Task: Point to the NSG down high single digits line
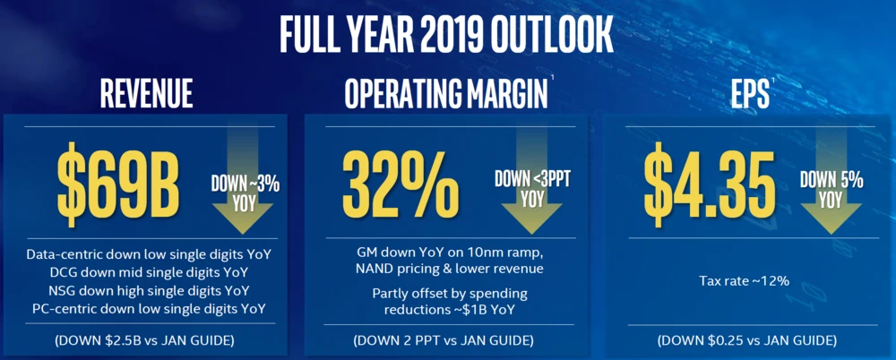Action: click(149, 291)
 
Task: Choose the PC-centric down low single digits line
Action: click(149, 309)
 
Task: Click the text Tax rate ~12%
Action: click(744, 281)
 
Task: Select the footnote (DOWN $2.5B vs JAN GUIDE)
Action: click(149, 340)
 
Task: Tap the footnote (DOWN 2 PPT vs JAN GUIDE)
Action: click(445, 340)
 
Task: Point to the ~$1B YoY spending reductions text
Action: click(445, 310)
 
